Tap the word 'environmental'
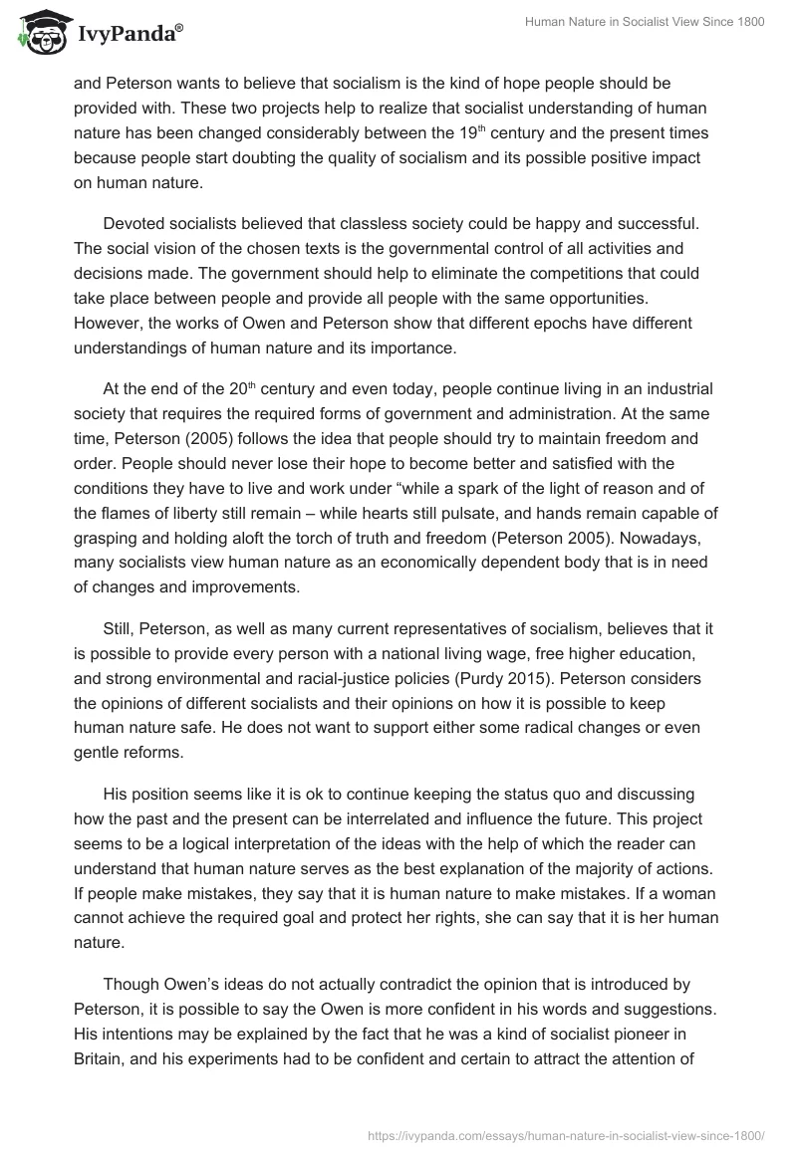219,677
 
